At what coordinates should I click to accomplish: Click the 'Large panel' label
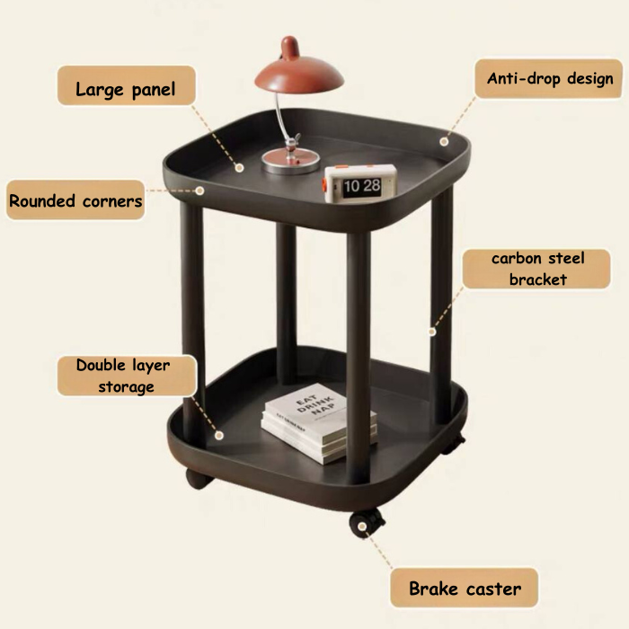tap(125, 89)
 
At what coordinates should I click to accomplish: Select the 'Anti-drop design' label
tap(550, 79)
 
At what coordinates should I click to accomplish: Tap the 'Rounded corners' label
tap(75, 201)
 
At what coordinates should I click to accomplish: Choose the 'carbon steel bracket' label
tap(537, 269)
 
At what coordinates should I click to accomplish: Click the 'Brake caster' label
tap(465, 589)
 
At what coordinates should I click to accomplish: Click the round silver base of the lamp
tap(291, 162)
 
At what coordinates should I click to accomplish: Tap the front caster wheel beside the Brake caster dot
tap(368, 524)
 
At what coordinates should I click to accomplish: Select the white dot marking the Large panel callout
tap(240, 167)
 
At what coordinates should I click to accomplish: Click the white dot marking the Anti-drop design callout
tap(443, 141)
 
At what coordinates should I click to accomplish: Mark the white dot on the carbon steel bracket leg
tap(432, 332)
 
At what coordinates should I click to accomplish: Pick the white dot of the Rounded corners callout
tap(200, 190)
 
